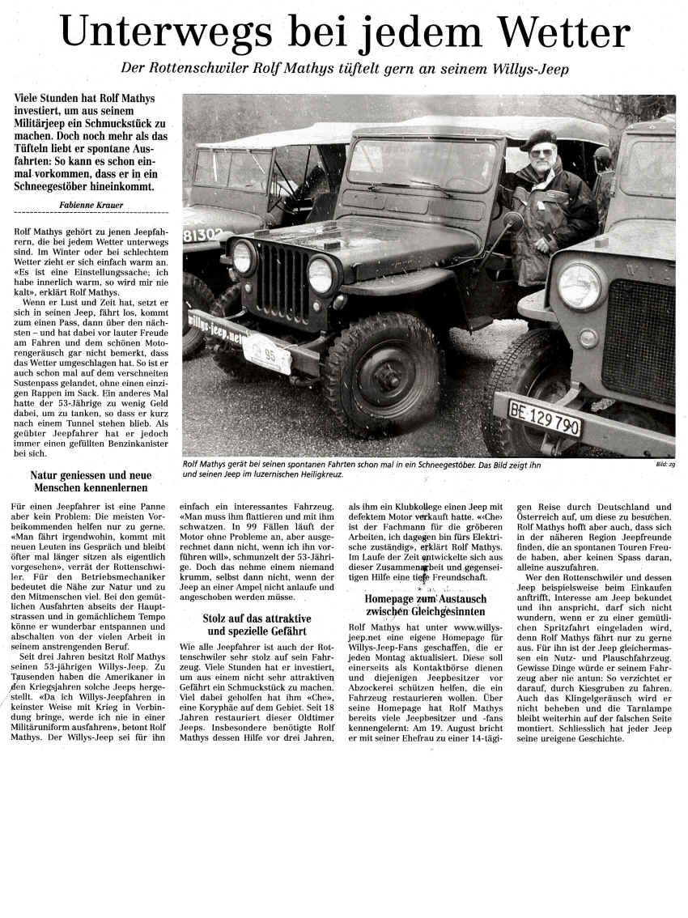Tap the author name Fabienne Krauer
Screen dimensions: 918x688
(92, 206)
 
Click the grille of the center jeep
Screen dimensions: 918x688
(281, 279)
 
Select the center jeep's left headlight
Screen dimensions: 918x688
(242, 257)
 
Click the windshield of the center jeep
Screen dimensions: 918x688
(422, 167)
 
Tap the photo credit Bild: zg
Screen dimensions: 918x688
(664, 465)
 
